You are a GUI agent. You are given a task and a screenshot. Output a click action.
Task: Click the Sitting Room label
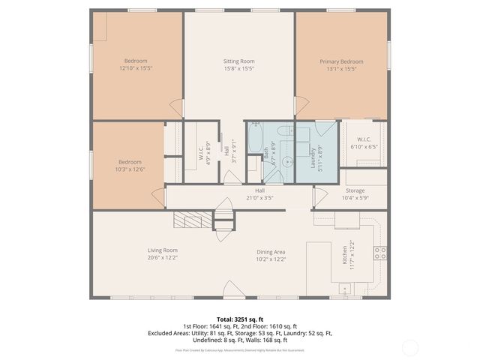pos(239,61)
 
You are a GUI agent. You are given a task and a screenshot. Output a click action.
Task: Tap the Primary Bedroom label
pos(341,61)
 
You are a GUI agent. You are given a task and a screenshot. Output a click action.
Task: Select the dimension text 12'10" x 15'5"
pos(136,68)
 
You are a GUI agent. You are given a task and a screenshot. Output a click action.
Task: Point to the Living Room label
pos(162,250)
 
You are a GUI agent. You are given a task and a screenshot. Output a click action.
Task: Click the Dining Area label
pos(271,250)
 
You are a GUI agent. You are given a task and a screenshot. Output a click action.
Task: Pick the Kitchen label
pos(346,255)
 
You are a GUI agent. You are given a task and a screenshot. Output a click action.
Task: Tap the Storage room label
pos(355,190)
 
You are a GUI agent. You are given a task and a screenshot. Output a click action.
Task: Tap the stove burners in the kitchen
pos(380,253)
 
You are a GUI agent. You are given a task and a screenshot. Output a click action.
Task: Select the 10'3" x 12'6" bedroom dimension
pos(130,169)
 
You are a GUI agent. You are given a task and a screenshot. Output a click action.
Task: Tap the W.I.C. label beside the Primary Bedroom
pos(364,139)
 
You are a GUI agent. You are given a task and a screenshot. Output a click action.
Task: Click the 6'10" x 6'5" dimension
pos(364,146)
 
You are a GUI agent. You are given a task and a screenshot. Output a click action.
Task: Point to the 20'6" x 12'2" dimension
pos(162,257)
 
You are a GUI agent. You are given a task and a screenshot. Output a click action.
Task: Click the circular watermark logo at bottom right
pos(411,347)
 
